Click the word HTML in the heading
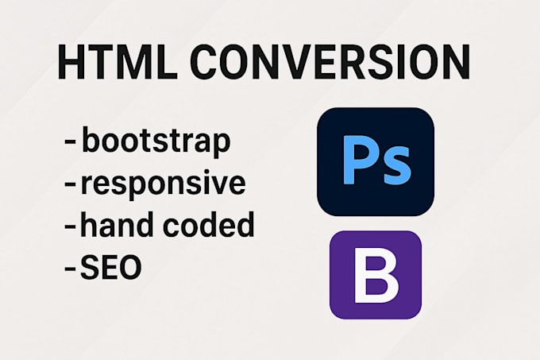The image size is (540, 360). (118, 62)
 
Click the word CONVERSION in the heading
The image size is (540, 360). (330, 62)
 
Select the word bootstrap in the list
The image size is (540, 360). (156, 141)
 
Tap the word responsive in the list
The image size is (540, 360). (163, 184)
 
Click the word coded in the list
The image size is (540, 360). (208, 224)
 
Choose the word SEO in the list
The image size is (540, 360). (110, 266)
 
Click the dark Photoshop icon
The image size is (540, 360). (376, 162)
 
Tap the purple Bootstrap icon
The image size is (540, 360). (376, 275)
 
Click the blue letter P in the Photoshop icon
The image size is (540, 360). (359, 160)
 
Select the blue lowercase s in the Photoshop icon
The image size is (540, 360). (395, 166)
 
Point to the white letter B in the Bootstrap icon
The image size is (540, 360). (376, 275)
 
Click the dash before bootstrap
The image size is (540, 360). (70, 142)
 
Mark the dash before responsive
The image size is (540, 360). (70, 184)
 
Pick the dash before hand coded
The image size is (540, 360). (70, 226)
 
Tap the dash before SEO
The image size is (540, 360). (70, 268)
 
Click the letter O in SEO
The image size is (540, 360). (129, 266)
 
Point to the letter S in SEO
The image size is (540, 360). (89, 266)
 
